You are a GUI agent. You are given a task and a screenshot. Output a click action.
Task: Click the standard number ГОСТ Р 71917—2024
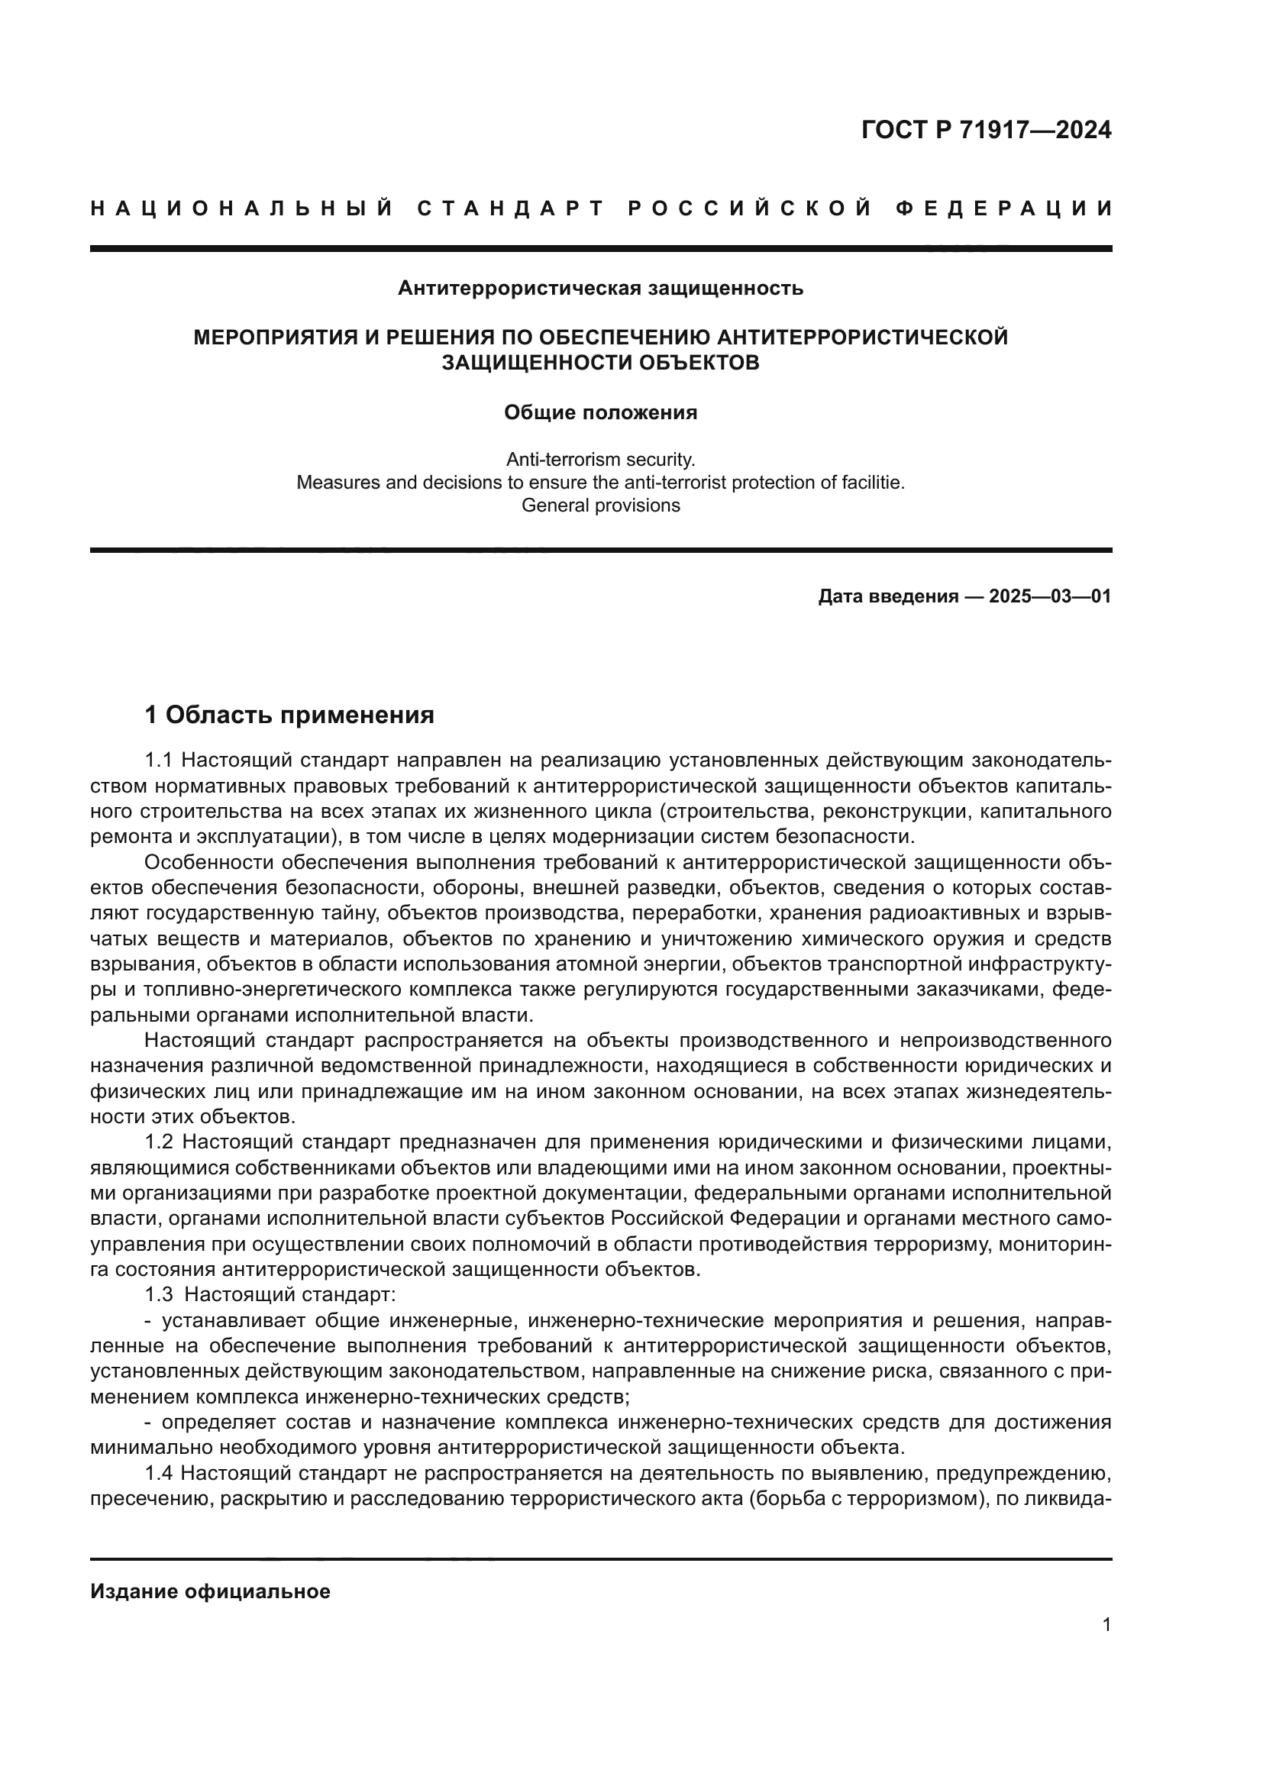point(986,130)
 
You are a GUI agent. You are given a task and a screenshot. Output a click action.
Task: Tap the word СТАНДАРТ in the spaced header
point(511,208)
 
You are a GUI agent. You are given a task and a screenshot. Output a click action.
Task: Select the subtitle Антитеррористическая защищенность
point(600,289)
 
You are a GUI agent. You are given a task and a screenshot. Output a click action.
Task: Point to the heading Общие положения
point(600,412)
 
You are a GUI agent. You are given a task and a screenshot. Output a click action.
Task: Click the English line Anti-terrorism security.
point(600,459)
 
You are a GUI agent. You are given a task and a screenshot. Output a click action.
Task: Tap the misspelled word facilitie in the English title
point(873,483)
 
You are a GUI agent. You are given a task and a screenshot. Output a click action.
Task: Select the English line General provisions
point(600,505)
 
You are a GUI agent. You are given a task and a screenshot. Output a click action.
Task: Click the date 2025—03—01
point(1050,596)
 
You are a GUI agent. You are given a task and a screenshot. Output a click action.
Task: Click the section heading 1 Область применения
point(289,714)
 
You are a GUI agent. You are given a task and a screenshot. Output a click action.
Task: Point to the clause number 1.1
point(158,760)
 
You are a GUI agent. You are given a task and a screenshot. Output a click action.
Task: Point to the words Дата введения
point(887,596)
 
